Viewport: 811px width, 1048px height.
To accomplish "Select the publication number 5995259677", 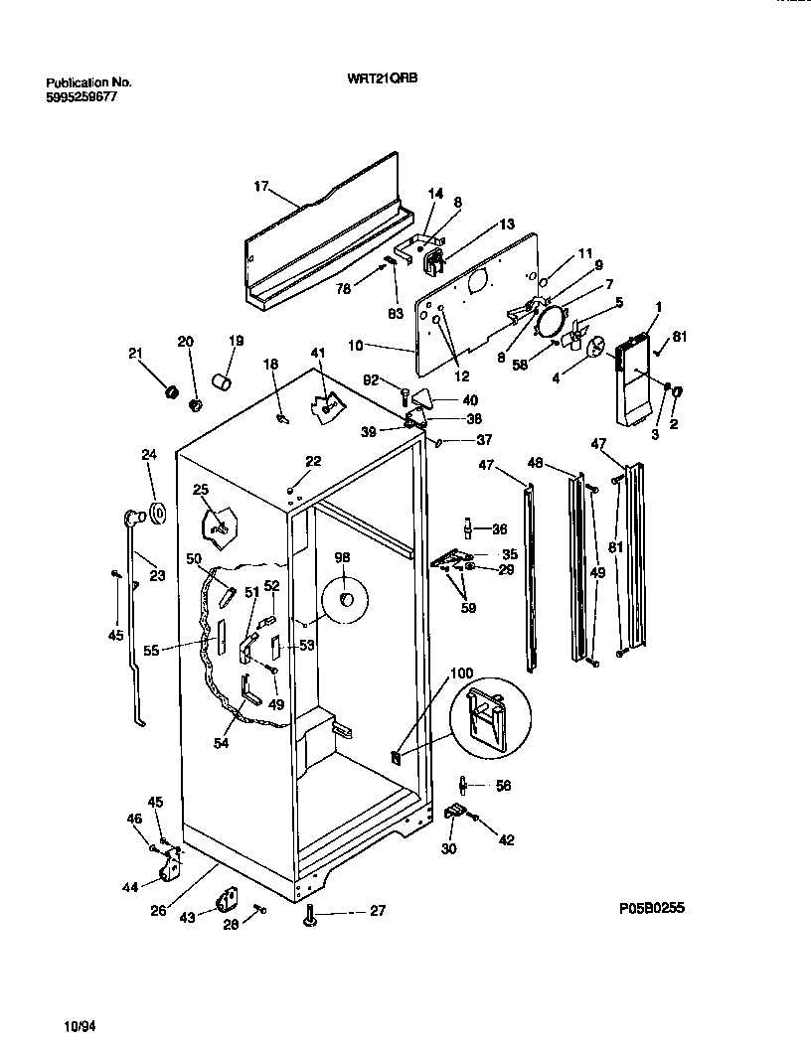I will (x=88, y=97).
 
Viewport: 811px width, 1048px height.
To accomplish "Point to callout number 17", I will (x=261, y=186).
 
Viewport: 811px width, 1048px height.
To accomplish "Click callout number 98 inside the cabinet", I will (x=342, y=558).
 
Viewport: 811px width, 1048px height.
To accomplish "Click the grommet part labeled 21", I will (x=170, y=392).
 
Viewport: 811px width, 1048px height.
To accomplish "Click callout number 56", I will (x=503, y=785).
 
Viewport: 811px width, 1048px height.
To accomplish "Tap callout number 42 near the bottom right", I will (x=507, y=840).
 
